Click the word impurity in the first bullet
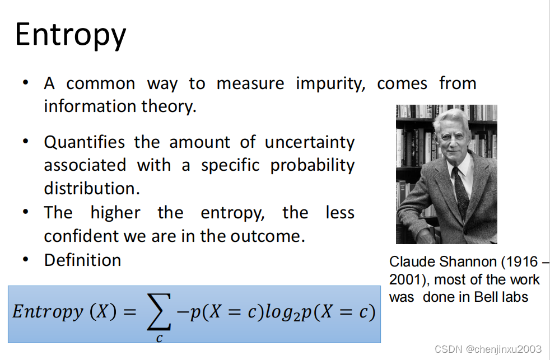[330, 84]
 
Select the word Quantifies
[84, 142]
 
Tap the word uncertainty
[310, 143]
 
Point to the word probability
[313, 166]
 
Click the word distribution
[92, 189]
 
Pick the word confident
[81, 236]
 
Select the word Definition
[82, 260]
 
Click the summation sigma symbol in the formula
[159, 312]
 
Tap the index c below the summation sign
[159, 338]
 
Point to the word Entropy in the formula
[48, 312]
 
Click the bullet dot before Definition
[25, 260]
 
